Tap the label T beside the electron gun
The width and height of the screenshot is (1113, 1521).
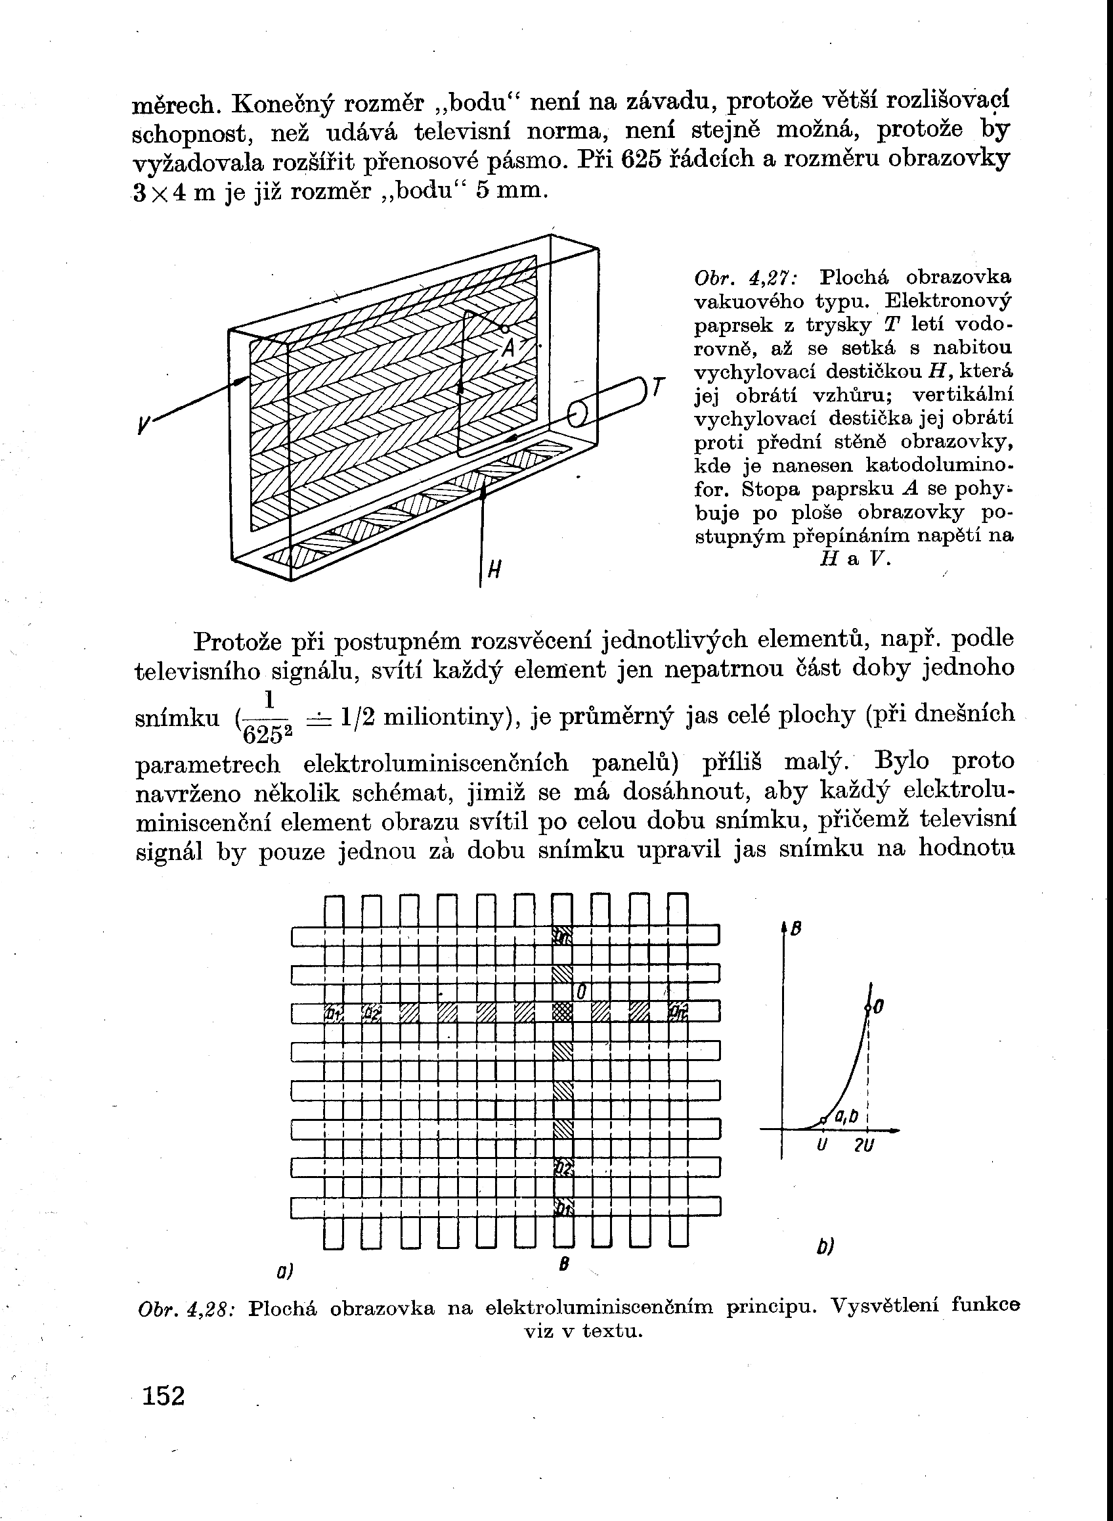click(658, 388)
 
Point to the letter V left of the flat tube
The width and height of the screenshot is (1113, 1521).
click(143, 424)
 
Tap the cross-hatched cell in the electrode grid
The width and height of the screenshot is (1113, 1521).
click(563, 1012)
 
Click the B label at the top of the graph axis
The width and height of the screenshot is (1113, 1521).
click(796, 929)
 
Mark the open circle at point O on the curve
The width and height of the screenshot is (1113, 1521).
click(869, 1009)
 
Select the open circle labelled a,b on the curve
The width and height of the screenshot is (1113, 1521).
click(823, 1120)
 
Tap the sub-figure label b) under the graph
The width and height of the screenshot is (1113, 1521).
click(825, 1247)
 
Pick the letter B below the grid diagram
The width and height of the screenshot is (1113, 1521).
click(564, 1265)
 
